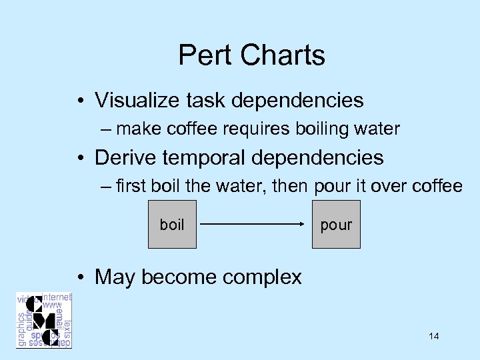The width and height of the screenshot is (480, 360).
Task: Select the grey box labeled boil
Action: coord(172,225)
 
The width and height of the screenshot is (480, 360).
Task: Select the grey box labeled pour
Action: coord(336,225)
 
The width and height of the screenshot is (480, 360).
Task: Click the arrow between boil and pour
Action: coord(252,225)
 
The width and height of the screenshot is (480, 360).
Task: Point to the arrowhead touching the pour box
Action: coord(301,225)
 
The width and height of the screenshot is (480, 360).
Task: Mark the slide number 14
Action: coord(434,336)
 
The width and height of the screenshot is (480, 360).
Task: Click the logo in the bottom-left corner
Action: coord(44,320)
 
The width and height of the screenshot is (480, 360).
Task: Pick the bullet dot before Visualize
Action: coord(80,101)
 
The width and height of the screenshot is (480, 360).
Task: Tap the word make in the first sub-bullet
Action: coord(136,129)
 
